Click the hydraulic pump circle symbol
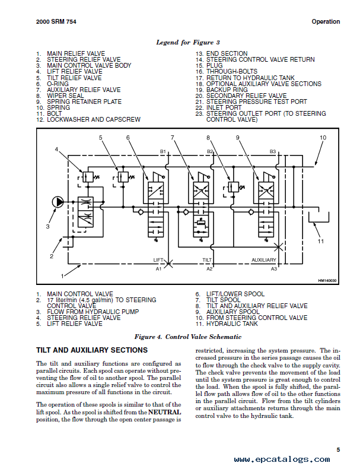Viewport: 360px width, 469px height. click(58, 202)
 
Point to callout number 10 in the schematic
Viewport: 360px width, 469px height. click(323, 138)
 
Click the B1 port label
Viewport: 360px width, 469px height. click(163, 151)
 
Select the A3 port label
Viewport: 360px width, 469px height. click(273, 269)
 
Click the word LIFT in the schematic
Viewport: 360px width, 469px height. click(158, 260)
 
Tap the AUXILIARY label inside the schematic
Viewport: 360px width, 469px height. click(264, 260)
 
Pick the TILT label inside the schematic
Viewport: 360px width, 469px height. click(207, 260)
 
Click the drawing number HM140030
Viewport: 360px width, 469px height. click(327, 281)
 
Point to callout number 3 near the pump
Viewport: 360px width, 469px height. click(48, 227)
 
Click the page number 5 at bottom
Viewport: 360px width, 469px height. click(338, 449)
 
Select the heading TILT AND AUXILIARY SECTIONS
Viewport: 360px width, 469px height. click(92, 350)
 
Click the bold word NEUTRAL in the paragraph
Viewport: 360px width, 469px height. click(165, 412)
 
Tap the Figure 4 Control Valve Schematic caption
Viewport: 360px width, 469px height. click(188, 337)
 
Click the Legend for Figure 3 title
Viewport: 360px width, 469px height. click(188, 43)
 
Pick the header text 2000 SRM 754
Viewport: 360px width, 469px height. click(56, 21)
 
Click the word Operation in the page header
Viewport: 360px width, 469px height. click(326, 21)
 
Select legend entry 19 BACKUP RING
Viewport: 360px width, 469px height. click(222, 90)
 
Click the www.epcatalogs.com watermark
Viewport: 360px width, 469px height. click(282, 459)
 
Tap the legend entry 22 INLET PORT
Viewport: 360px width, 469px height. click(219, 107)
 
